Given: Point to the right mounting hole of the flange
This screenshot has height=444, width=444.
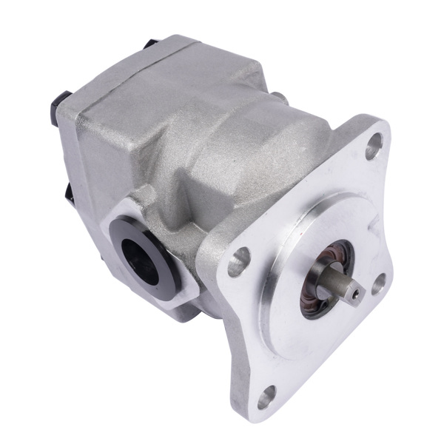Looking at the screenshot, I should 379,281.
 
